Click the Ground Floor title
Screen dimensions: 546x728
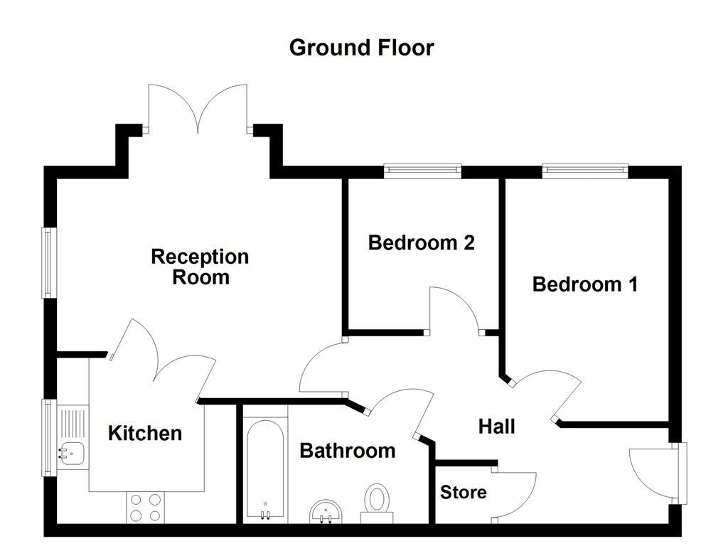coord(361,48)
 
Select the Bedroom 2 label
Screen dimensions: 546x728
coord(421,242)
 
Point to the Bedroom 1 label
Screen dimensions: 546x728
coord(584,284)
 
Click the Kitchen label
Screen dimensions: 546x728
coord(144,433)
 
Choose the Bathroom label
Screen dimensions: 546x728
coord(347,451)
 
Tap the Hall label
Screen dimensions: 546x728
coord(496,427)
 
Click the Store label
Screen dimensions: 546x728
coord(463,492)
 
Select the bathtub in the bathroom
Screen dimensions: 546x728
coord(266,469)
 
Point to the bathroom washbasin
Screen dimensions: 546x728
coord(327,510)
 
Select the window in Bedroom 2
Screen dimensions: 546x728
coord(422,171)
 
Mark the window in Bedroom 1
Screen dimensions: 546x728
coord(584,171)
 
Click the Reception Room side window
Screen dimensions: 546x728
coord(48,262)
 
